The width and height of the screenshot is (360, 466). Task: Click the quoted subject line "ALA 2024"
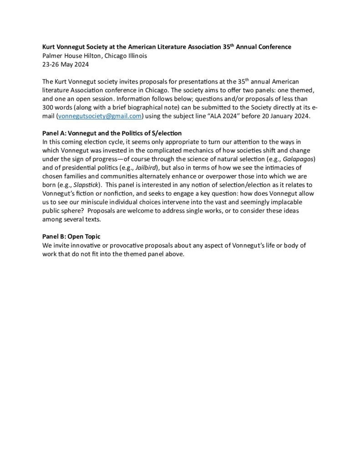234,116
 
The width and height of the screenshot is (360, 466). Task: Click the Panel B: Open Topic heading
71,237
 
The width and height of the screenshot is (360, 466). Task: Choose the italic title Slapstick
85,185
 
